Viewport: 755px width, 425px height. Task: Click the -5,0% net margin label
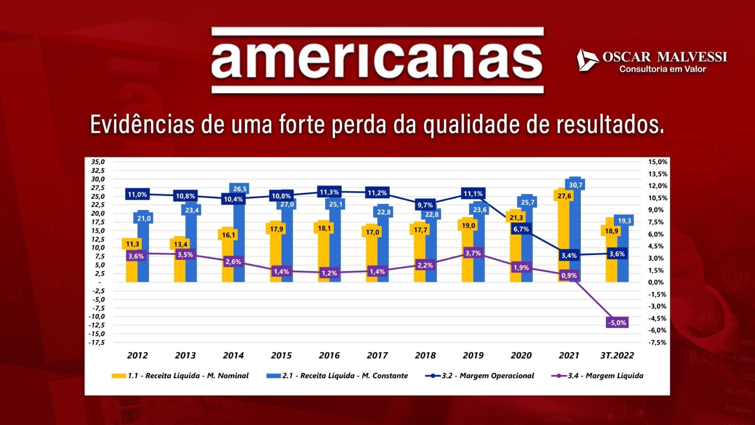pyautogui.click(x=617, y=323)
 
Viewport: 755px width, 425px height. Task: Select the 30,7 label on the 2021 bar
pyautogui.click(x=576, y=185)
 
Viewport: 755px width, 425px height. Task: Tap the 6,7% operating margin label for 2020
pyautogui.click(x=521, y=229)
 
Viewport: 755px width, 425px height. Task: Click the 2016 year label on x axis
pyautogui.click(x=329, y=356)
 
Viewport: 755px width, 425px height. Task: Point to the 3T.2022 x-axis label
pyautogui.click(x=617, y=356)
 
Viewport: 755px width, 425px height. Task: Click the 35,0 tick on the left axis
pyautogui.click(x=98, y=162)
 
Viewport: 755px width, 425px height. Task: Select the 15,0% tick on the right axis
pyautogui.click(x=657, y=162)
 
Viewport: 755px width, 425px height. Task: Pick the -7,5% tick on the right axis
pyautogui.click(x=657, y=342)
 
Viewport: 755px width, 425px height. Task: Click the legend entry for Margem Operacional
pyautogui.click(x=480, y=376)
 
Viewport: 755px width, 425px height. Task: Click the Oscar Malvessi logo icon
pyautogui.click(x=587, y=60)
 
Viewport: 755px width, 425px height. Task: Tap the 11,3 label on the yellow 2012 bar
pyautogui.click(x=133, y=244)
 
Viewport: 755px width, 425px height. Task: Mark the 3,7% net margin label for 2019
pyautogui.click(x=473, y=254)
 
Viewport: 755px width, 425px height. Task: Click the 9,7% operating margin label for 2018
pyautogui.click(x=425, y=205)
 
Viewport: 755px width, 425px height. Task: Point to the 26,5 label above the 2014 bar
pyautogui.click(x=240, y=189)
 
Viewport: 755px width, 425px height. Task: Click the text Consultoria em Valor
pyautogui.click(x=663, y=69)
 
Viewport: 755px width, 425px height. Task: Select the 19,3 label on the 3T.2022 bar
pyautogui.click(x=624, y=221)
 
